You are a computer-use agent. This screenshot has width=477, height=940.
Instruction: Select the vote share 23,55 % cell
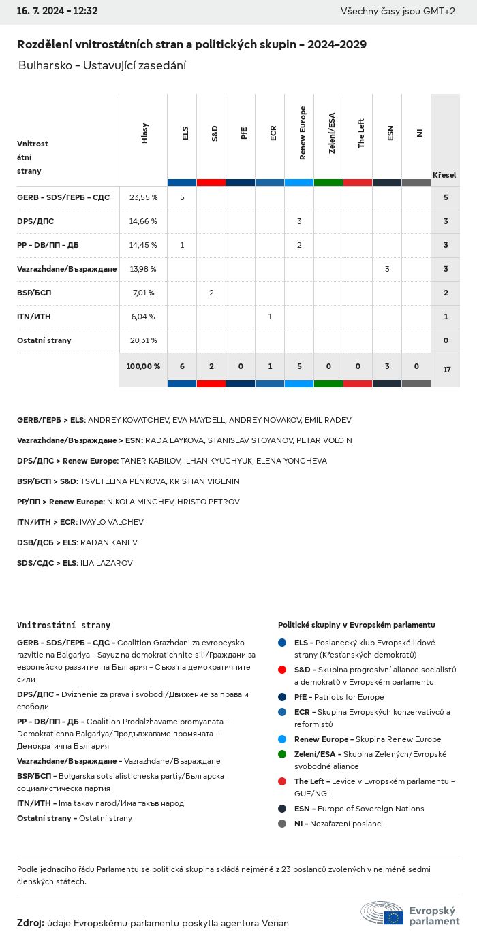pos(143,197)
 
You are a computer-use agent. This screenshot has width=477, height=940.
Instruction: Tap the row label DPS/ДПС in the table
pos(35,221)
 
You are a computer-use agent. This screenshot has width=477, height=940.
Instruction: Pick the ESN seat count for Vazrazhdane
pos(387,269)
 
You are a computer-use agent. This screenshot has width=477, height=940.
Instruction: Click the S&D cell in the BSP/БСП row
pos(211,293)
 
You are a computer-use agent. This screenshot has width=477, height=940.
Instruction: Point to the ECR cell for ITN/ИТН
pos(270,317)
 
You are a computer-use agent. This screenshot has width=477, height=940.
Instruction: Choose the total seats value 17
pos(446,370)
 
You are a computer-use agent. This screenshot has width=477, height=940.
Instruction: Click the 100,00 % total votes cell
pos(143,366)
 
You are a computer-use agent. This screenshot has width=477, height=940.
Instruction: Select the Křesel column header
pos(444,175)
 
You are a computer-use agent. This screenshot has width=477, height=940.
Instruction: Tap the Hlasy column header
pos(144,133)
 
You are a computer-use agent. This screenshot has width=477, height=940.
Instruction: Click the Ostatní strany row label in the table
pos(44,340)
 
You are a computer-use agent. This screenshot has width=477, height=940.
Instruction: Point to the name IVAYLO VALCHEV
pos(112,522)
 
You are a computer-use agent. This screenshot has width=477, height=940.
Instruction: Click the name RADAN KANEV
pos(109,542)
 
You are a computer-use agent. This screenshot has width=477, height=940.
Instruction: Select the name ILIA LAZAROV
pos(106,563)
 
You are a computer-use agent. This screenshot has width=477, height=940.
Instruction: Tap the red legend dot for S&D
pos(282,670)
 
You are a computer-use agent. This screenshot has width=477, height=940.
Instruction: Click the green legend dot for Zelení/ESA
pos(282,754)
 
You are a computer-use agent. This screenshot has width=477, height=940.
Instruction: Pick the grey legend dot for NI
pos(282,824)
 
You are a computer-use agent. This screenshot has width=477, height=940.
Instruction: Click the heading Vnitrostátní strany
pos(63,625)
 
